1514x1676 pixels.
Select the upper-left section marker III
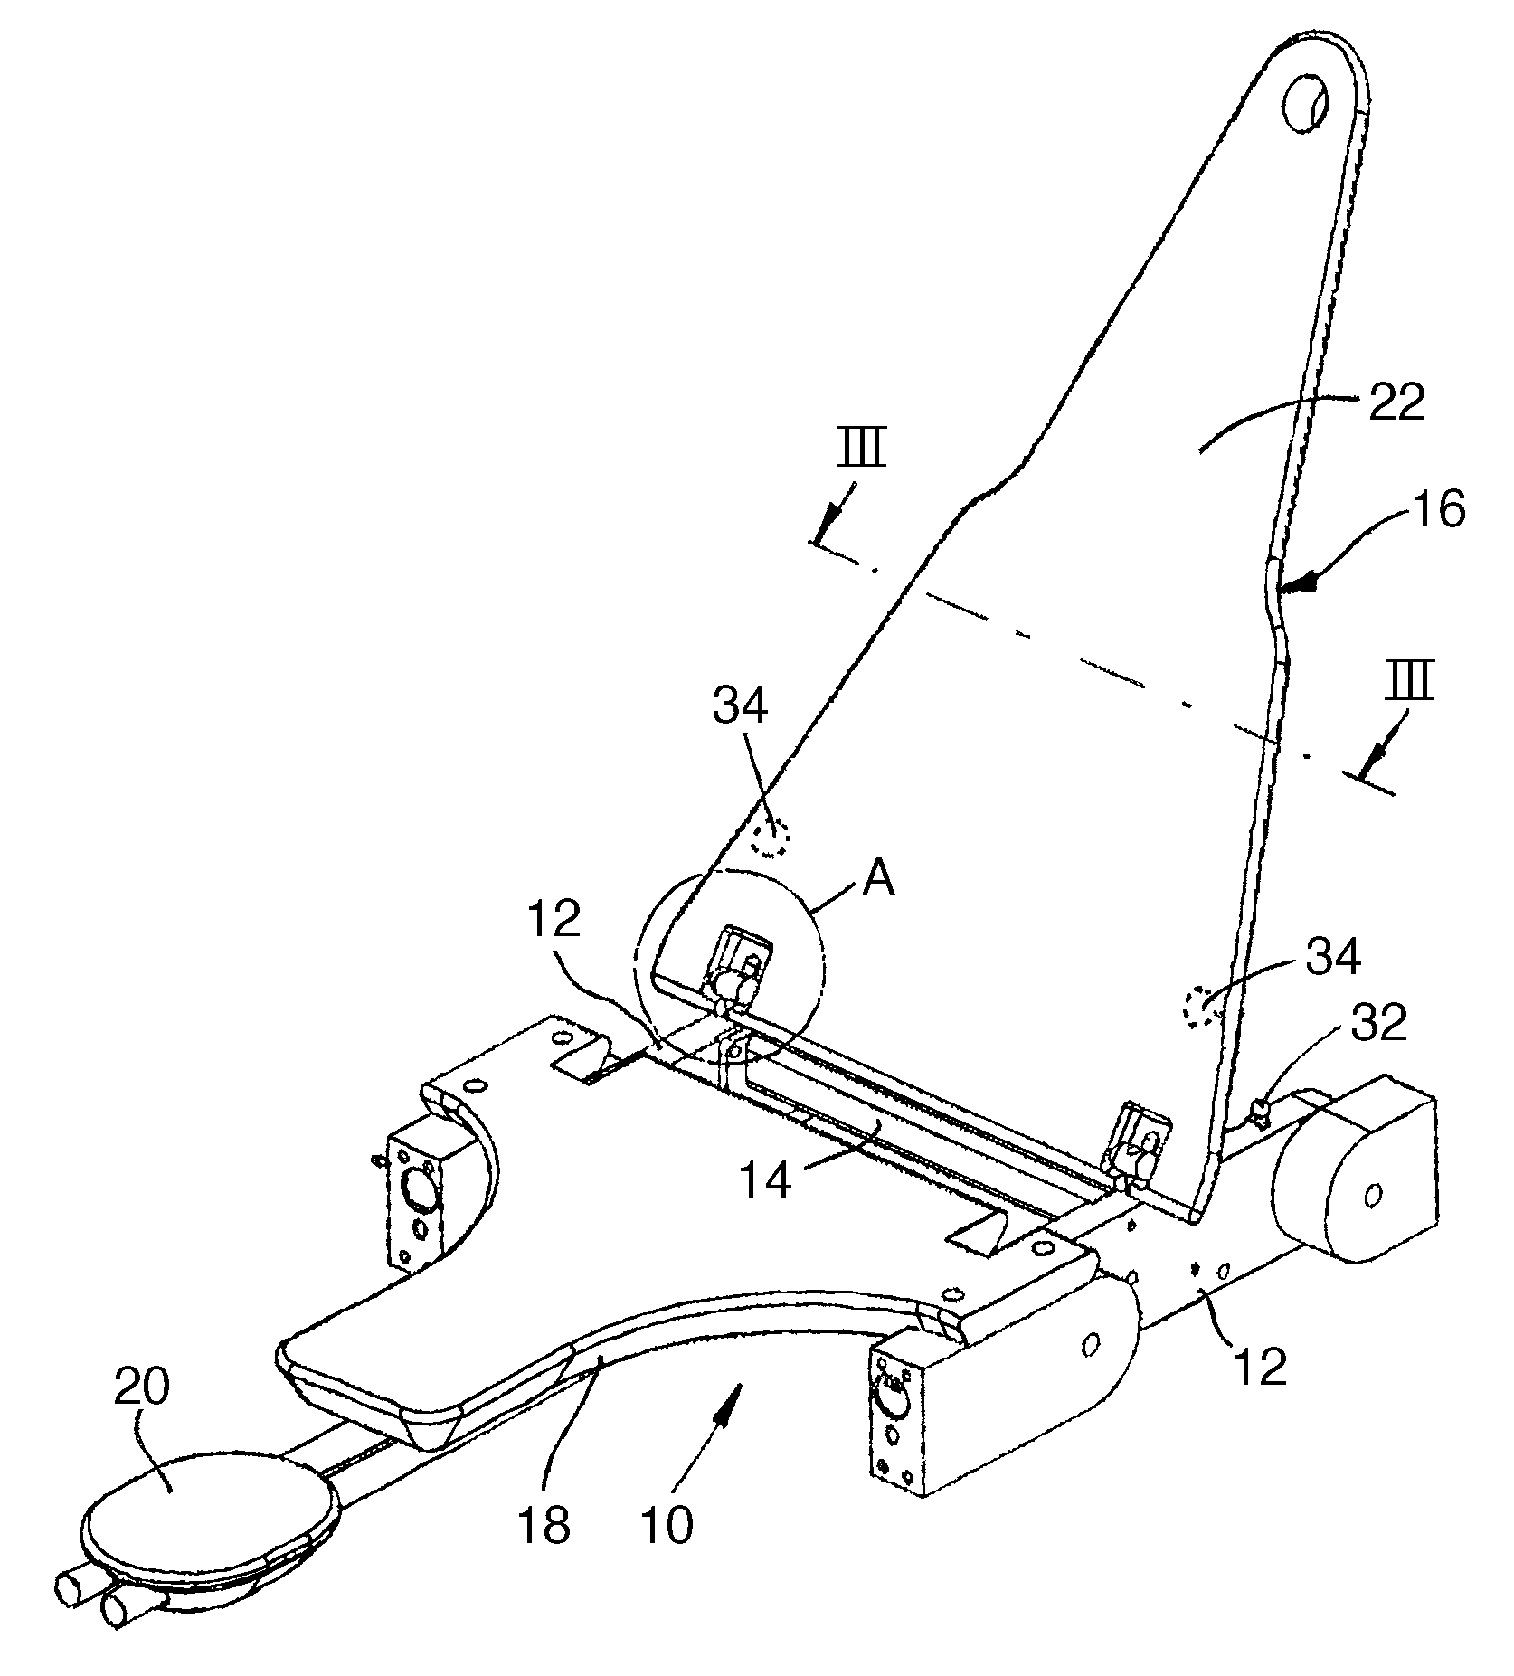[x=860, y=449]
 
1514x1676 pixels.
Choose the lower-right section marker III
[x=1410, y=681]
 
